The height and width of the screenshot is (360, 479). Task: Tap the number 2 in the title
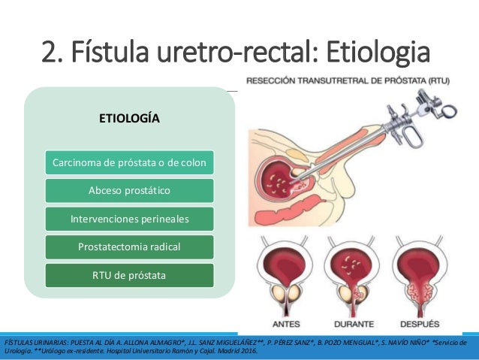pos(49,54)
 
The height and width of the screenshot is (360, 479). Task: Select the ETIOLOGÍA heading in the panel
pos(130,118)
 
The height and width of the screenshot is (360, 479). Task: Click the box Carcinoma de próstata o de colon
pos(130,162)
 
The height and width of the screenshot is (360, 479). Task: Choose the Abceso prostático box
pos(130,190)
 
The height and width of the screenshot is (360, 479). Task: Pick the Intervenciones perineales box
pos(130,219)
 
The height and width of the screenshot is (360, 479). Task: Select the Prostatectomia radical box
pos(130,247)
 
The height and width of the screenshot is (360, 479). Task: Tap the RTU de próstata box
pos(130,275)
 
